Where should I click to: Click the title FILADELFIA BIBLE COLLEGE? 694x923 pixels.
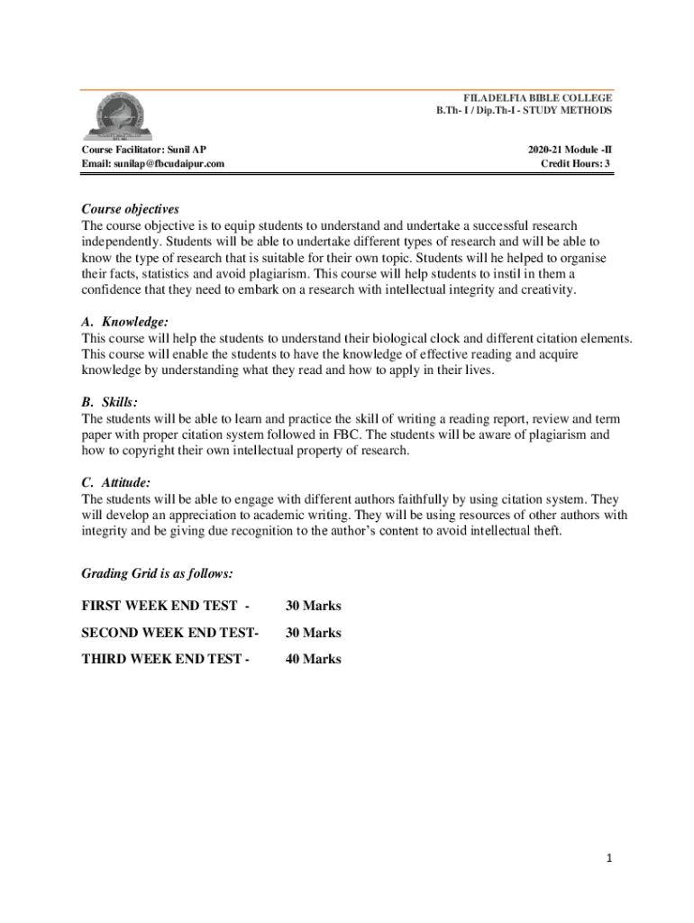click(x=537, y=97)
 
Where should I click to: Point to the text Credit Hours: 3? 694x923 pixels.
click(x=575, y=163)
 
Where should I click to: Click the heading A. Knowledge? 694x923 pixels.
click(x=124, y=322)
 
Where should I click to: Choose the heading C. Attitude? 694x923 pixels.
click(x=116, y=483)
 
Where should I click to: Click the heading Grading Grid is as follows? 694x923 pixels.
click(x=158, y=573)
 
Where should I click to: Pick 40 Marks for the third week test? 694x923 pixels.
click(x=313, y=659)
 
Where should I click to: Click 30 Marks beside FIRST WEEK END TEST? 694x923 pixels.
click(x=313, y=606)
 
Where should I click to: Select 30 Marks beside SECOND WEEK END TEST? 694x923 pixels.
click(x=313, y=633)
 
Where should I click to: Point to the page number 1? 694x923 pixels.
click(x=609, y=859)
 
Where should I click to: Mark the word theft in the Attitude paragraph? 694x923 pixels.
click(x=543, y=531)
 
